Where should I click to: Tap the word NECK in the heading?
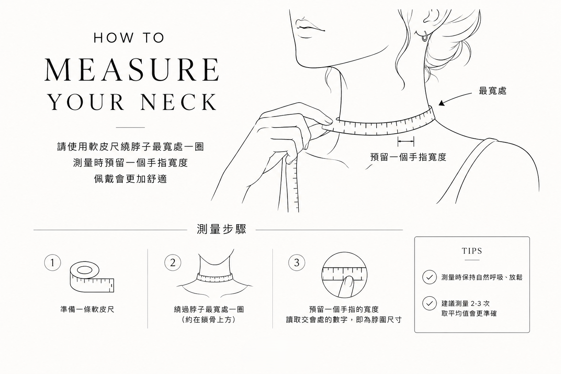pos(179,102)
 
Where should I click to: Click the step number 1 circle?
pos(52,263)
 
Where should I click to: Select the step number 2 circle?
pos(172,263)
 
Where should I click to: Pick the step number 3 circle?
pos(297,263)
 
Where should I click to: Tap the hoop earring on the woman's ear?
pos(424,37)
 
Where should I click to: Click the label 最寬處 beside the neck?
pos(492,91)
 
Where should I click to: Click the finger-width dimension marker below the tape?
pos(406,142)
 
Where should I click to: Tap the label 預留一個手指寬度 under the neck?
pos(408,157)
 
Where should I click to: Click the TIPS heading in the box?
pos(472,251)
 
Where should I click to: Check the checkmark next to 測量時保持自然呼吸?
pos(430,277)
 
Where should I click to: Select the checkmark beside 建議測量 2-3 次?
pos(430,304)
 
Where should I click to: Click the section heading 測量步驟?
pos(222,229)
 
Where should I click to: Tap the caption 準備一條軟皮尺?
pos(87,309)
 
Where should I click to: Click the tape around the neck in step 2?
pos(215,278)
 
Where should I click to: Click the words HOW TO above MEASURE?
pos(129,38)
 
